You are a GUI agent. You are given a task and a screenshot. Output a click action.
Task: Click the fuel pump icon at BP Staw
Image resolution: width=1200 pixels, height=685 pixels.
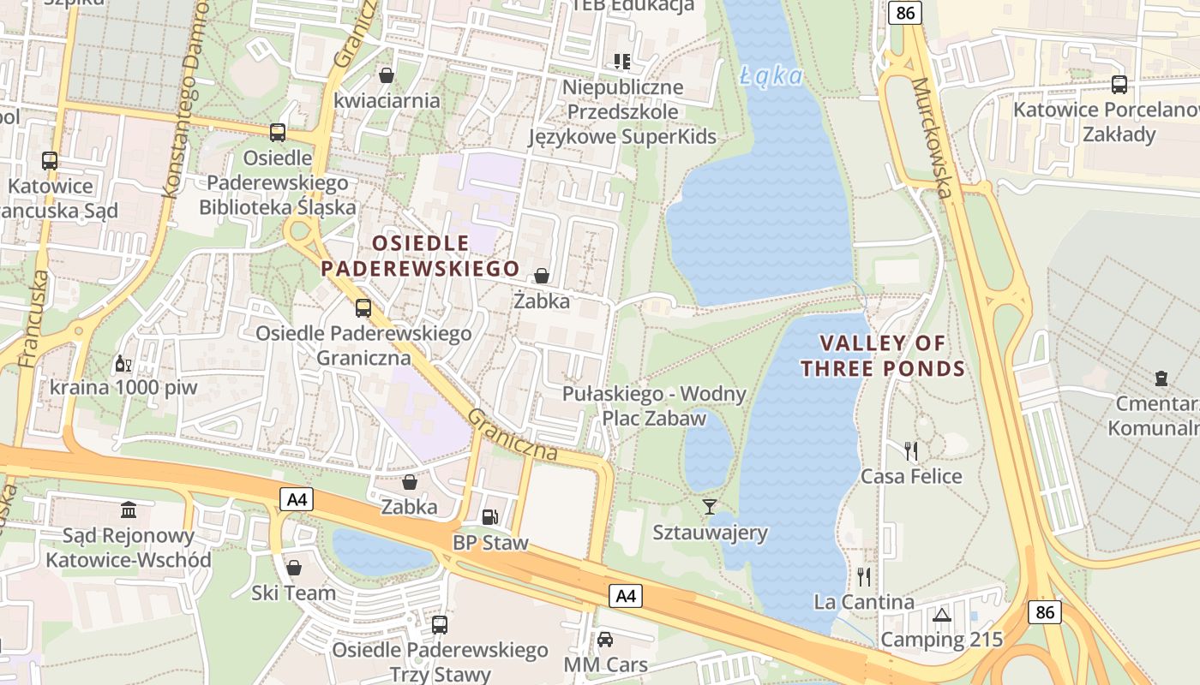(x=489, y=516)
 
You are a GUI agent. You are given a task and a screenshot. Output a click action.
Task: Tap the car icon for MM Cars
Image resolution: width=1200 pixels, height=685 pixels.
(x=605, y=639)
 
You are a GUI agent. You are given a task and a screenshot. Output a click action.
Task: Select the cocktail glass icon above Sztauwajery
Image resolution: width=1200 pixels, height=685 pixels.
(x=709, y=506)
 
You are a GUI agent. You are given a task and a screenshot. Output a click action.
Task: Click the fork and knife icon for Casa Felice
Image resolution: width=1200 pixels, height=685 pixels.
(x=911, y=450)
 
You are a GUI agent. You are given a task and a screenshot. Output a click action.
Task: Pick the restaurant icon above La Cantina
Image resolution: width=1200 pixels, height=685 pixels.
(x=864, y=576)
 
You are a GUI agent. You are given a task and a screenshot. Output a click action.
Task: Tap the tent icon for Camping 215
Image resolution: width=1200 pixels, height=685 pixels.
(x=941, y=615)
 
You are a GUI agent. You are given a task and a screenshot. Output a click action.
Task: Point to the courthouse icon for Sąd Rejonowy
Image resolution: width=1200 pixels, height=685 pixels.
(x=129, y=510)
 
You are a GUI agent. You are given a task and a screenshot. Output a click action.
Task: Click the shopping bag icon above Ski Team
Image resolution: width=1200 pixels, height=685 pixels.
(x=294, y=567)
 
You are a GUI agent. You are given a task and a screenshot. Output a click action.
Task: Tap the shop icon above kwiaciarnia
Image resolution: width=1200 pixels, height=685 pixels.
(x=387, y=75)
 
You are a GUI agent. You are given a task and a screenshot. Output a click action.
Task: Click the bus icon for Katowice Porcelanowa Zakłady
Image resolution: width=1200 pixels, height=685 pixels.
(x=1119, y=85)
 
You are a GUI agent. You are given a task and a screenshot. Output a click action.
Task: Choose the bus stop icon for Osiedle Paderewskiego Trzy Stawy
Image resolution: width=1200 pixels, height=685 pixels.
(x=440, y=624)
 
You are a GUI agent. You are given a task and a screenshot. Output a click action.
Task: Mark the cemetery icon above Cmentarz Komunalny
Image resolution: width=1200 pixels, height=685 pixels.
(x=1161, y=378)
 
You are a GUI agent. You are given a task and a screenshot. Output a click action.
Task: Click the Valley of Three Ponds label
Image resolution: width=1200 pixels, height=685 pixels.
(x=883, y=356)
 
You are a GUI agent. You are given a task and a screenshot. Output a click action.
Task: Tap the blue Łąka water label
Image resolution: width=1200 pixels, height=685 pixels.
(x=771, y=76)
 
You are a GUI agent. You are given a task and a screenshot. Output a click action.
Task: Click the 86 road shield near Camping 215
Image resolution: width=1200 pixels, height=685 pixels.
(x=1046, y=611)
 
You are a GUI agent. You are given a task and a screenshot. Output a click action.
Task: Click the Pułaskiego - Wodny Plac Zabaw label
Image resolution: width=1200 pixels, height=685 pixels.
(x=654, y=406)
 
